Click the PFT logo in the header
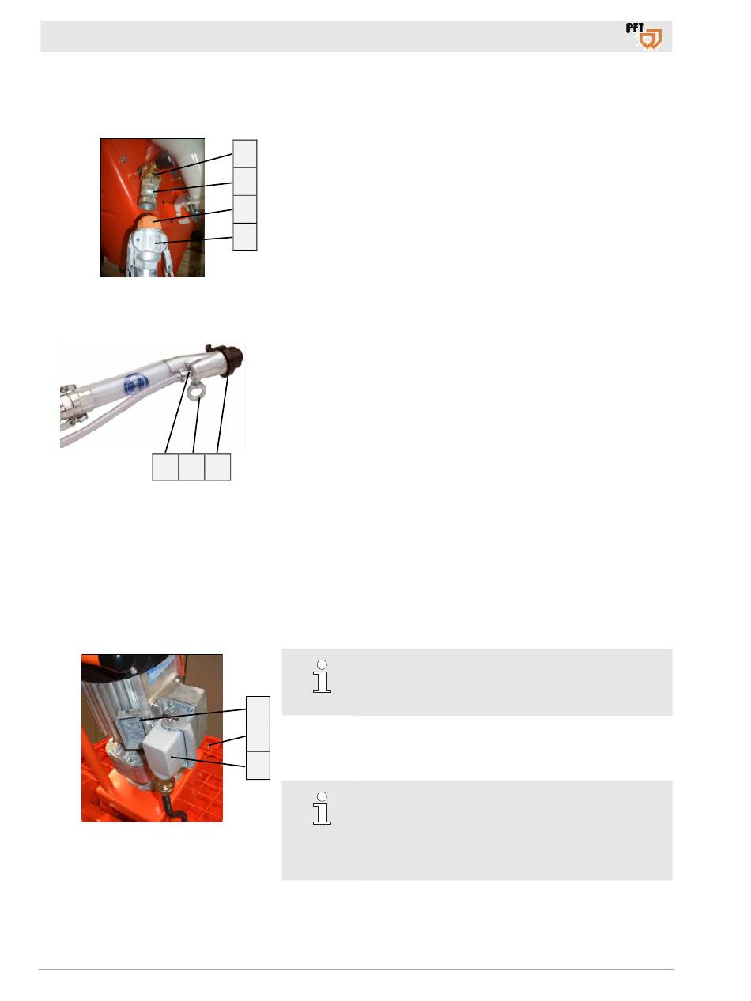click(x=643, y=36)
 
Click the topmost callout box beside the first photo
click(x=244, y=154)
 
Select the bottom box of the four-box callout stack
click(x=244, y=237)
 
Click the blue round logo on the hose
click(x=136, y=383)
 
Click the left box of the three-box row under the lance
click(x=165, y=466)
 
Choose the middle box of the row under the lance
click(x=191, y=466)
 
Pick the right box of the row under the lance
click(x=217, y=466)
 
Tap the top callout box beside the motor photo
click(x=258, y=710)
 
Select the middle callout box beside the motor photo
click(x=258, y=738)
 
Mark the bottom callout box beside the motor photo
click(x=258, y=766)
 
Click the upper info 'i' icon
click(x=322, y=676)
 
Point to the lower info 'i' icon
click(x=322, y=808)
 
